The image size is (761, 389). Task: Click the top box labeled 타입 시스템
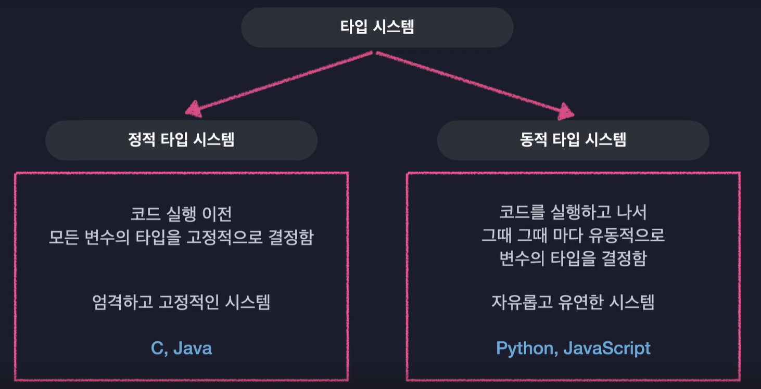(x=377, y=28)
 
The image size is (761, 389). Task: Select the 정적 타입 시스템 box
(x=182, y=140)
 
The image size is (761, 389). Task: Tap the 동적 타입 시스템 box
(x=573, y=140)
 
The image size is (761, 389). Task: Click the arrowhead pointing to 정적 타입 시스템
(x=194, y=109)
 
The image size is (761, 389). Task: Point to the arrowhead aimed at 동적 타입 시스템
(x=565, y=111)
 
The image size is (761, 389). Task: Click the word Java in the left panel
(x=193, y=348)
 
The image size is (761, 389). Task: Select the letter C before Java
(x=157, y=348)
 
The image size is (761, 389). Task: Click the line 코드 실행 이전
(x=181, y=214)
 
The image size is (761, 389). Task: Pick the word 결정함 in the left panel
(x=291, y=237)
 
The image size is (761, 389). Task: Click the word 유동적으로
(x=626, y=235)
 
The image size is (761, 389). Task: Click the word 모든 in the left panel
(x=64, y=237)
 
